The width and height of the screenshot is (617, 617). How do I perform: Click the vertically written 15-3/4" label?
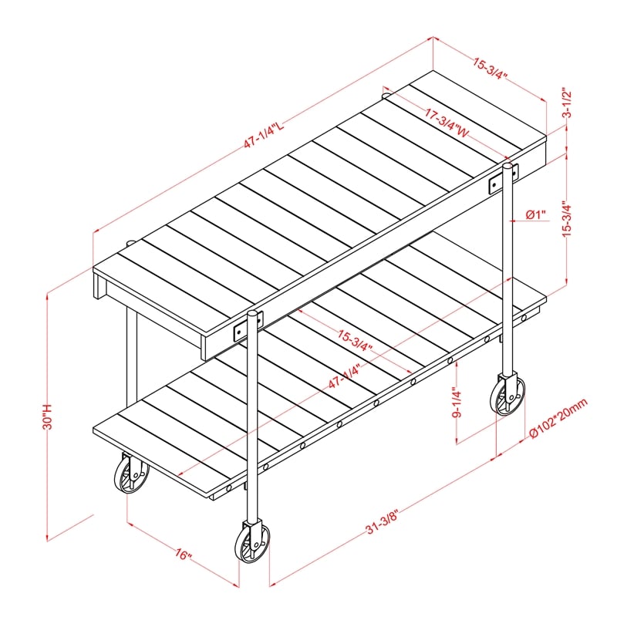pyautogui.click(x=567, y=221)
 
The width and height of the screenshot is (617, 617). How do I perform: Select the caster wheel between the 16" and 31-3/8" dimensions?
pyautogui.click(x=251, y=543)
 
